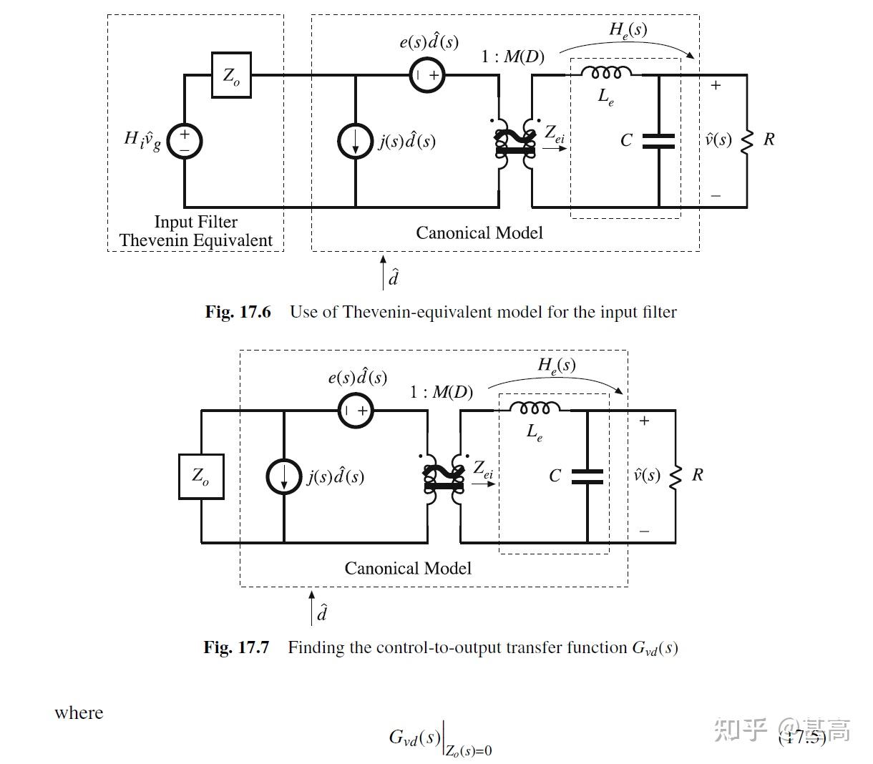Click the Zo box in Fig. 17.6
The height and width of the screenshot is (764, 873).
coord(231,75)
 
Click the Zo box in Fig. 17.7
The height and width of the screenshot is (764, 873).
coord(200,476)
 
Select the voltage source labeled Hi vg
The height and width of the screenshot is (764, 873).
coord(185,140)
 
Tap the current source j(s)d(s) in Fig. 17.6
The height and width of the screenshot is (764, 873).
coord(356,141)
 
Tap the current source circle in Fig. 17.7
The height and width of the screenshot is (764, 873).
coord(284,476)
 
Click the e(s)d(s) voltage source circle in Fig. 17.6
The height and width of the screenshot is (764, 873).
coord(427,74)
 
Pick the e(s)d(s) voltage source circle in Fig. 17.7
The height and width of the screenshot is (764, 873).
coord(356,411)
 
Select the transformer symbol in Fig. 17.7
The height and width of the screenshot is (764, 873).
coord(444,477)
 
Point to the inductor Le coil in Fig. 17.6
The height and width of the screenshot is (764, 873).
coord(606,73)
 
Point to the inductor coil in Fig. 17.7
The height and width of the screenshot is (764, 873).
coord(535,408)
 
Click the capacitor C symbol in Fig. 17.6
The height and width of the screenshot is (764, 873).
coord(658,141)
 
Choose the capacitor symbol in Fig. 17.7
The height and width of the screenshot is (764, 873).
coord(587,476)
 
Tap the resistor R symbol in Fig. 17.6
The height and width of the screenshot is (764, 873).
coord(747,141)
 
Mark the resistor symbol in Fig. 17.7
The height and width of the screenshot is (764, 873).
coord(675,476)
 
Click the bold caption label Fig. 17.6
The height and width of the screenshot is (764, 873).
coord(238,312)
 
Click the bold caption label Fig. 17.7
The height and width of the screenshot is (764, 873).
coord(236,647)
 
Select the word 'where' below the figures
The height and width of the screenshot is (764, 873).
coord(79,713)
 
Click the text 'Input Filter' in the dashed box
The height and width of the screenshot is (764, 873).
coord(195,222)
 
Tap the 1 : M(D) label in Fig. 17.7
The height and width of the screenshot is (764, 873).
coord(441,392)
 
